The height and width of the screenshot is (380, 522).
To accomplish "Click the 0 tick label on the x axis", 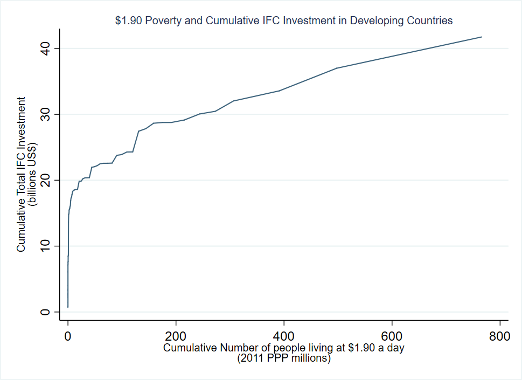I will pyautogui.click(x=68, y=337).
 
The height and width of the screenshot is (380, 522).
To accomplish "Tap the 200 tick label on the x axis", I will pyautogui.click(x=176, y=337).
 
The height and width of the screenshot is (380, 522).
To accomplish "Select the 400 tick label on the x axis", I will pyautogui.click(x=284, y=337).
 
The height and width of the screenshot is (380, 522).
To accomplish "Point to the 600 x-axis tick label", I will pyautogui.click(x=392, y=337).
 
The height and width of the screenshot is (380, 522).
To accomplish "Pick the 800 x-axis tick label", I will pyautogui.click(x=499, y=337).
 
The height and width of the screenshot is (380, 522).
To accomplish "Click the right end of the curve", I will pyautogui.click(x=481, y=37).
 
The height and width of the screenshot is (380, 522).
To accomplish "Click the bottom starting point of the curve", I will pyautogui.click(x=68, y=307).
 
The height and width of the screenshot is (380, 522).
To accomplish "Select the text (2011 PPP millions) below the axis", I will pyautogui.click(x=284, y=358).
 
